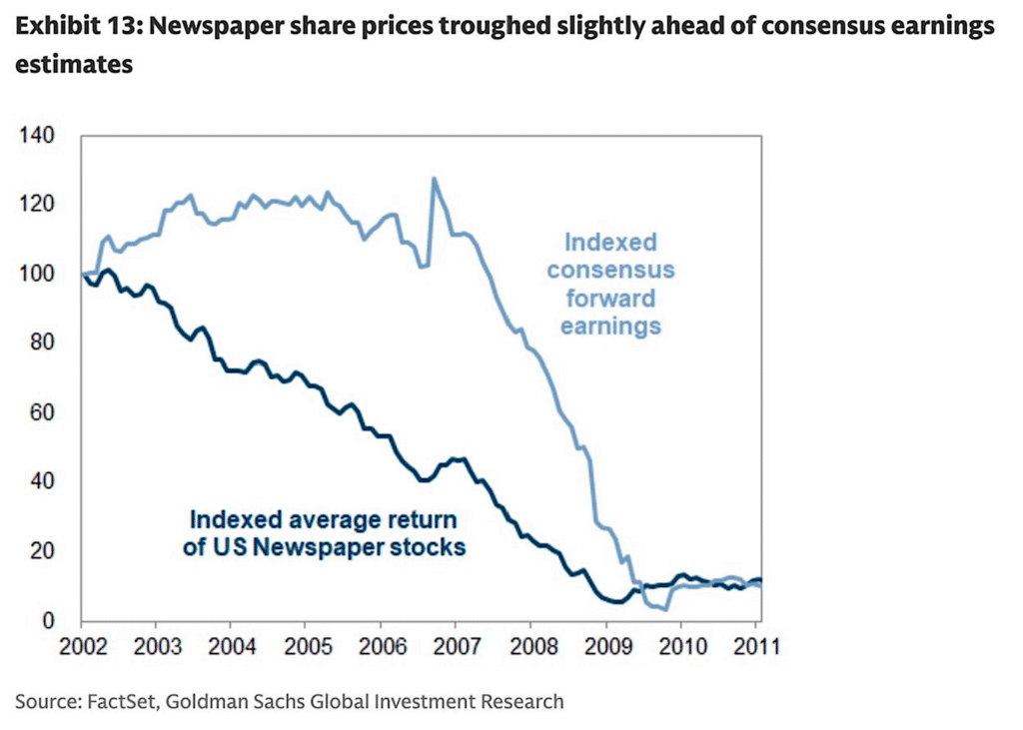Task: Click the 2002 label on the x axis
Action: tap(82, 645)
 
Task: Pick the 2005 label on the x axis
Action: tap(305, 645)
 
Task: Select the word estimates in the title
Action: tap(73, 66)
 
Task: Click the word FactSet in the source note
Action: tap(119, 701)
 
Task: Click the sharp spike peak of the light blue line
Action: tap(434, 179)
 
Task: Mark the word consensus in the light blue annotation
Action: tap(610, 270)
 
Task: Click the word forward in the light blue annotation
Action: tap(610, 298)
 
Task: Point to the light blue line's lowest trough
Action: tap(664, 608)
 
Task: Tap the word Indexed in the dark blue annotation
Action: tap(234, 519)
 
